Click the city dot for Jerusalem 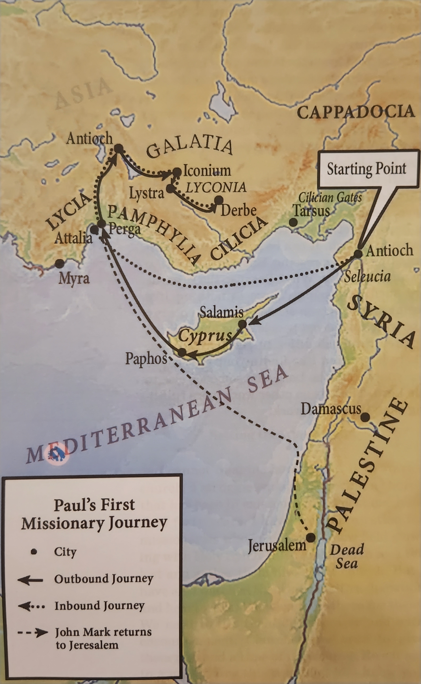coord(311,538)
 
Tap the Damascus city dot coord(365,417)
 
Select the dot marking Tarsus coord(293,222)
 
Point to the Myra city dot coord(59,263)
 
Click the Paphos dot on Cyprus coord(182,352)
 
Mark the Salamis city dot coord(243,324)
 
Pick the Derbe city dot coord(219,200)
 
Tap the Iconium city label coord(207,171)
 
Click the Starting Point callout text coord(366,169)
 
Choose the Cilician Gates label coord(330,198)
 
